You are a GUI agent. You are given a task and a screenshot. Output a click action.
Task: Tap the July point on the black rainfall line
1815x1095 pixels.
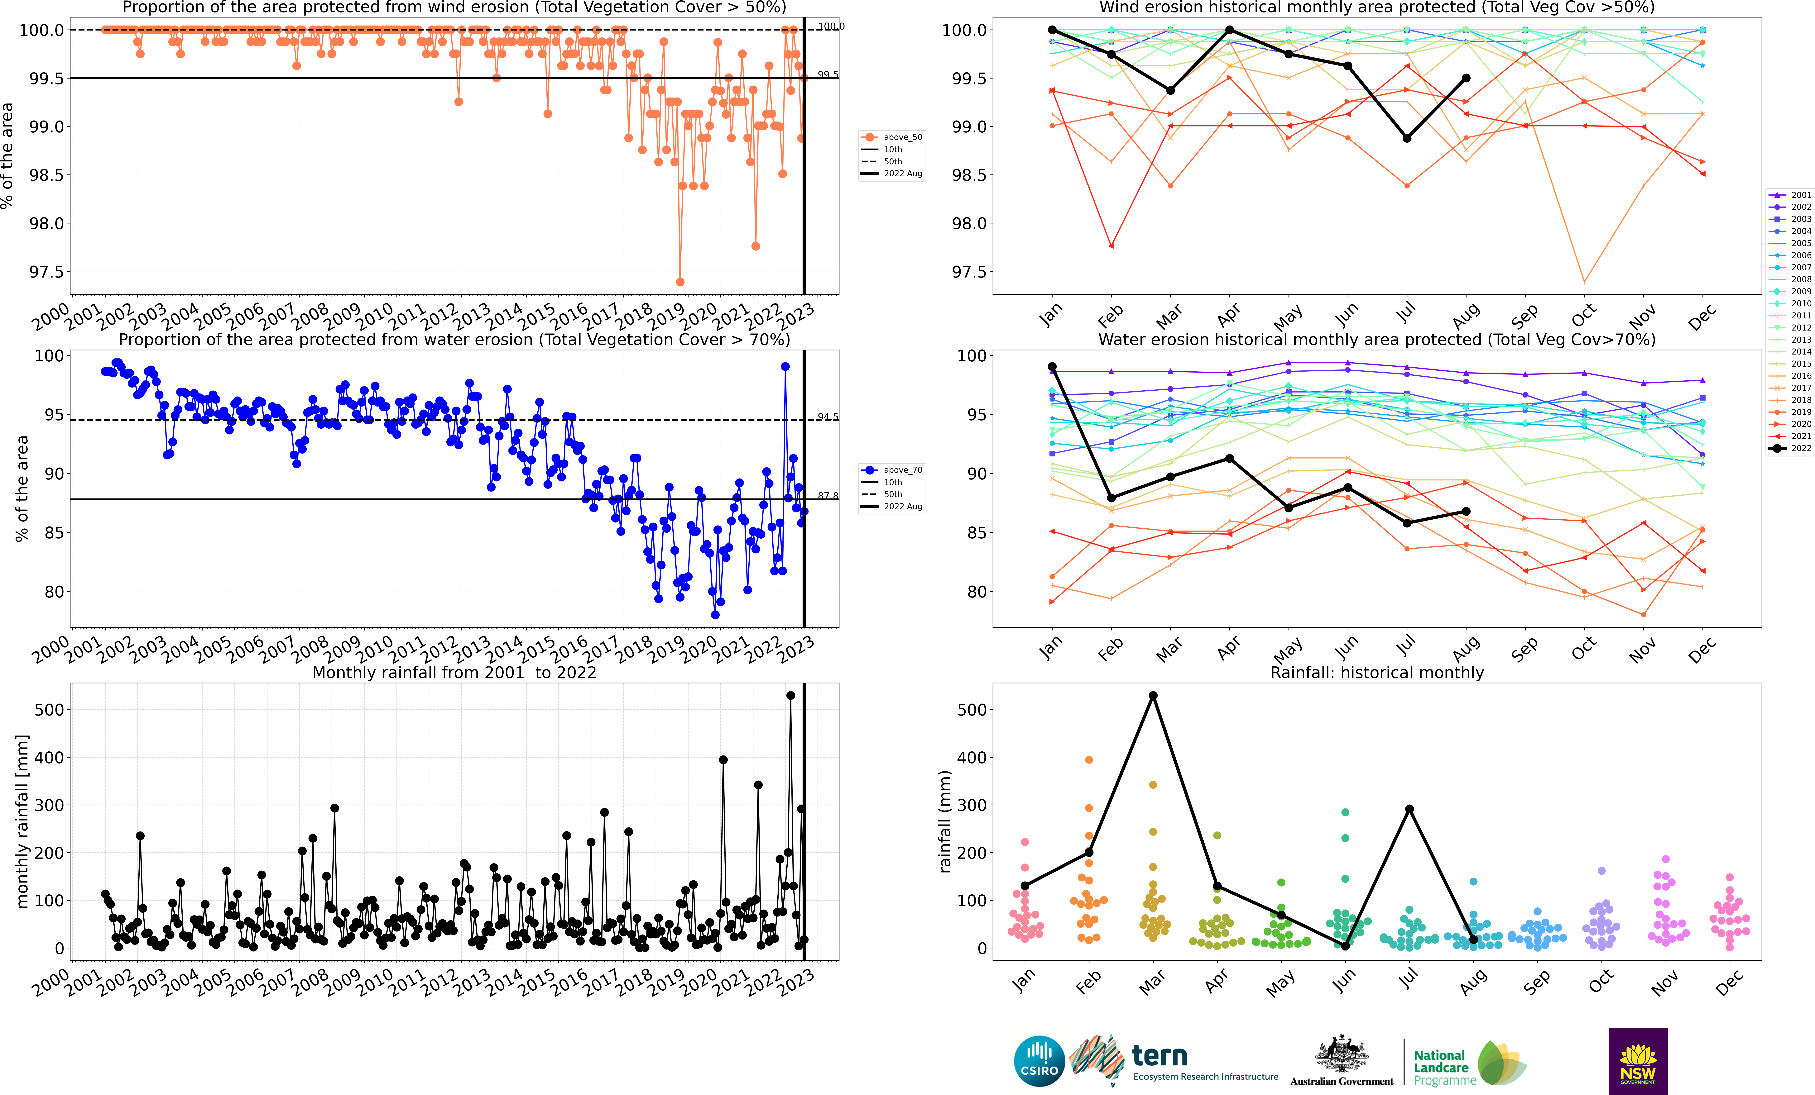1409,809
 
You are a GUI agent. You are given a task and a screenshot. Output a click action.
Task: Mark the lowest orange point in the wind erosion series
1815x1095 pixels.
680,282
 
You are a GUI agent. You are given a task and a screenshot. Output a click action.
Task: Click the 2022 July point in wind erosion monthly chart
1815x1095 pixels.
1407,138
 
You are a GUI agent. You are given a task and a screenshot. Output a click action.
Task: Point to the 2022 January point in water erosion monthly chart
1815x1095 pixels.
1052,367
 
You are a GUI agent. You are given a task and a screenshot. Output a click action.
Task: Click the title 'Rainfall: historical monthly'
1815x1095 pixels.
1377,672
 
